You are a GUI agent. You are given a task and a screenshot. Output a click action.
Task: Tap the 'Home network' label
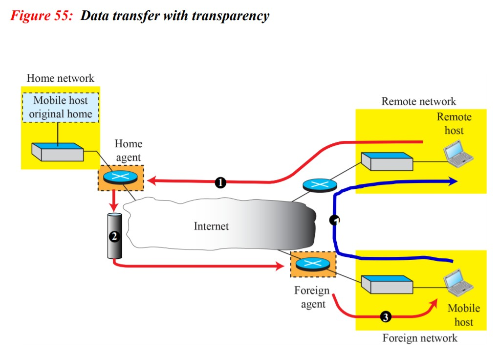coord(60,78)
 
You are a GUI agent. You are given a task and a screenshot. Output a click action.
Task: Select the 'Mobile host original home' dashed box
coord(60,108)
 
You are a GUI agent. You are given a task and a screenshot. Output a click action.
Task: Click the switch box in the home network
coord(57,152)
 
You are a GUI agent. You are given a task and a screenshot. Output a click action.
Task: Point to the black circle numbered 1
coord(220,182)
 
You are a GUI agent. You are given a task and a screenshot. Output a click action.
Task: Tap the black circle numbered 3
coord(386,317)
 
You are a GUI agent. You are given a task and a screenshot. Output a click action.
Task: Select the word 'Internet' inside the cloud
coord(211,226)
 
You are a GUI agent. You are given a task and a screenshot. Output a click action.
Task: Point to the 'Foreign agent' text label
coord(312,297)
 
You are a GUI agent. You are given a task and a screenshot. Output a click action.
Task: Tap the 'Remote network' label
coord(418,102)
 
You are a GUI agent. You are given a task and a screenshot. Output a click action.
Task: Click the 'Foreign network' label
coord(420,338)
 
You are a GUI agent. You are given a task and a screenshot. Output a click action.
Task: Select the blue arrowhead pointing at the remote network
coord(453,181)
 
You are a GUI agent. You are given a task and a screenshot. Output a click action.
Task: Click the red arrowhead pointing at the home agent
coord(152,181)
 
